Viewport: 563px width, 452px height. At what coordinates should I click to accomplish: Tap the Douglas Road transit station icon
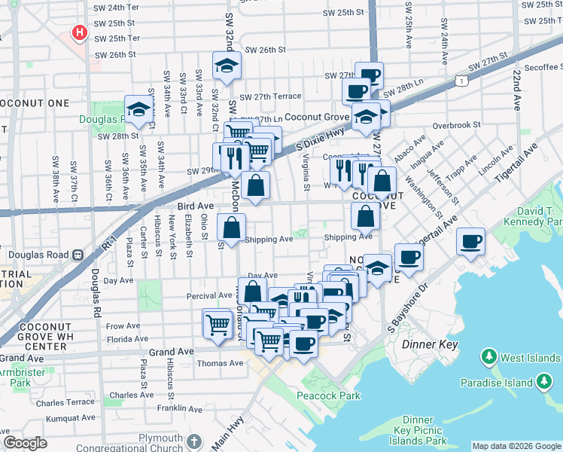pos(78,255)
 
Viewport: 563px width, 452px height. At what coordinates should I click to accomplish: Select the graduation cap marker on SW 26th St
pos(226,67)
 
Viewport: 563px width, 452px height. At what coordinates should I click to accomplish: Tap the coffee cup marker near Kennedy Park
pos(470,242)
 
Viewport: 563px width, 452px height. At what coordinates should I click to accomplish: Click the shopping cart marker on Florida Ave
pos(218,325)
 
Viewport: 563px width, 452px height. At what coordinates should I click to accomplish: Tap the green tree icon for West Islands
pos(489,355)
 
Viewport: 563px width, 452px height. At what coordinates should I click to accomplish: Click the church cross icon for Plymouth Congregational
pos(194,441)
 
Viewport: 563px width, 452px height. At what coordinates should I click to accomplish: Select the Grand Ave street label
pos(172,351)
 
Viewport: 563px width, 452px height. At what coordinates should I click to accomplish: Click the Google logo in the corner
pos(26,443)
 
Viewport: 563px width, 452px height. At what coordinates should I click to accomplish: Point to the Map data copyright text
pos(516,446)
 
